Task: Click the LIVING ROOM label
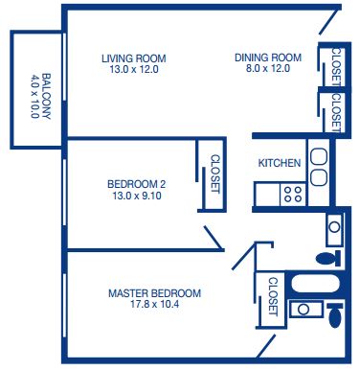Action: (134, 58)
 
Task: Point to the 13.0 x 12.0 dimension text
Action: (134, 69)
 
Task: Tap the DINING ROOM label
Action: (268, 58)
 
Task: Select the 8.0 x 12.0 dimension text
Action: (268, 68)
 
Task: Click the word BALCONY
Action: (46, 97)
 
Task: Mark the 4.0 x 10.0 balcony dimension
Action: (35, 97)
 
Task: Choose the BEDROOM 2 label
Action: (137, 184)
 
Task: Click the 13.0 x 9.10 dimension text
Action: (137, 196)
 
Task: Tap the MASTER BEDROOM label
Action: (154, 293)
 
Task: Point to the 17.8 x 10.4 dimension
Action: (154, 304)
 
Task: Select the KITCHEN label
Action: (280, 163)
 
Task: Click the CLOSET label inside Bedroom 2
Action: (215, 174)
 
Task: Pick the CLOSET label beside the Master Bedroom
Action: (273, 296)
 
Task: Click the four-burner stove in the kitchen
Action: (293, 195)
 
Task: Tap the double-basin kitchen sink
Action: (318, 167)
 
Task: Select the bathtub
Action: (316, 285)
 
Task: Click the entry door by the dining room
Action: (328, 21)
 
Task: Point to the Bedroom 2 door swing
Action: (214, 238)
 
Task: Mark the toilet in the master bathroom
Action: (335, 315)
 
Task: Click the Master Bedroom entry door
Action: (244, 256)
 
